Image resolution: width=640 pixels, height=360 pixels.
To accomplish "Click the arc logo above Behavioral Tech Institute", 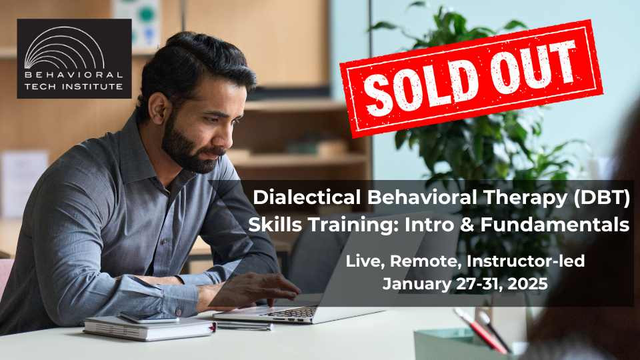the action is [65, 47].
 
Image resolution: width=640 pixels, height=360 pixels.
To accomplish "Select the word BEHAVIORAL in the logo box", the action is [73, 75].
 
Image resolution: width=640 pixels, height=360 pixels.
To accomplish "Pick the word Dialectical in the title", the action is [307, 197].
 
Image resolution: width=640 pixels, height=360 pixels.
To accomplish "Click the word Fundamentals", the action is [555, 225].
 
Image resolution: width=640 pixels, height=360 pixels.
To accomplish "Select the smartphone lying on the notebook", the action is [149, 318].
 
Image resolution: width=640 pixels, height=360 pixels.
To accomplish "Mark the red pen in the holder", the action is [481, 331].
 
